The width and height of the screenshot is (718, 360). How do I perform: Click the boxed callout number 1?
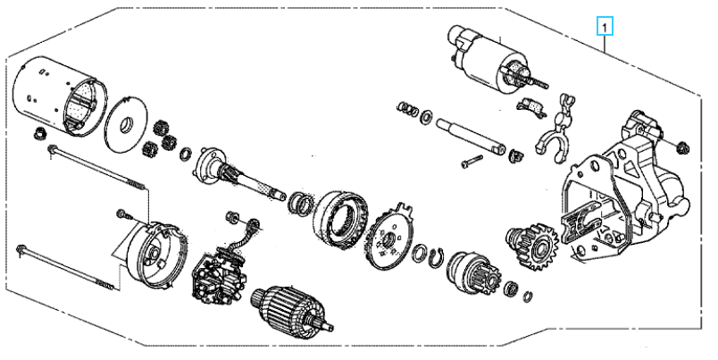(605, 27)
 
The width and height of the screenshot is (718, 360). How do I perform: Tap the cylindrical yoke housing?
(60, 96)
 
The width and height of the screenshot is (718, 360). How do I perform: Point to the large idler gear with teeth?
(533, 246)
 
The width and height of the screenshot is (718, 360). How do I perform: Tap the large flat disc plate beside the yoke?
(126, 123)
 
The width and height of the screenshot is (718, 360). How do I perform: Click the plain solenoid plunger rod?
(471, 136)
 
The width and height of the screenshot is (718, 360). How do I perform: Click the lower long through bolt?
(65, 268)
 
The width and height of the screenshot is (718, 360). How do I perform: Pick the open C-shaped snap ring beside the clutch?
(437, 257)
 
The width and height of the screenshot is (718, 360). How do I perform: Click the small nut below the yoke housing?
(40, 134)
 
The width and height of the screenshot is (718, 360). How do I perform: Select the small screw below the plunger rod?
(472, 161)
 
